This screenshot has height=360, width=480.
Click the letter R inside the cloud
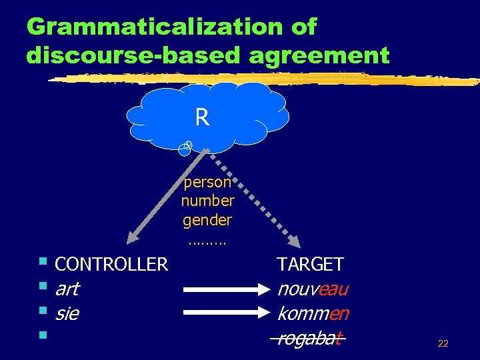click(202, 118)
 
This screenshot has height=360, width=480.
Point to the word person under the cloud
click(207, 181)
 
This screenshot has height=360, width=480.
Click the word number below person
click(207, 200)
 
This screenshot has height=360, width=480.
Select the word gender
click(207, 219)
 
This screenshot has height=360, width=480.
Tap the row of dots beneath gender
click(207, 241)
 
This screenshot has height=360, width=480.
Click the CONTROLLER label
click(111, 265)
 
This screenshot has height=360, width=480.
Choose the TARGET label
click(310, 265)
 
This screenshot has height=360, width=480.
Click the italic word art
click(67, 289)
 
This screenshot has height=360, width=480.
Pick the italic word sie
click(67, 313)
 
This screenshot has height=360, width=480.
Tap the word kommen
click(313, 313)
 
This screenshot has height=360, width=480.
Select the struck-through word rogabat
click(309, 338)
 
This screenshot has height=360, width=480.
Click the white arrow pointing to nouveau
click(226, 290)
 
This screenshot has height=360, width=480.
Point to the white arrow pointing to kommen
click(226, 314)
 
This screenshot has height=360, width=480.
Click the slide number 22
click(443, 344)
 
